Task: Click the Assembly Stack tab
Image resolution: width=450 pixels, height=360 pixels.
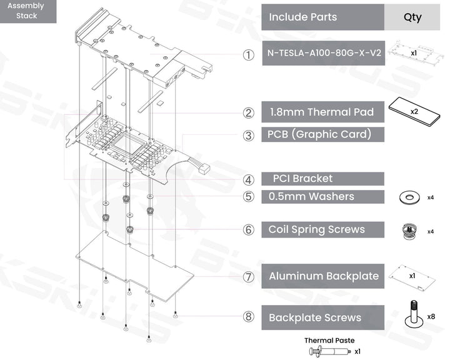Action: click(x=28, y=11)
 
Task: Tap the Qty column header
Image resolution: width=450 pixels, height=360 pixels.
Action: click(x=412, y=17)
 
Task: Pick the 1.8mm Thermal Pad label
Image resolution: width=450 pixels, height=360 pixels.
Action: click(x=322, y=112)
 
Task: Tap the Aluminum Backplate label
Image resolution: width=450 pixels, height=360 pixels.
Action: click(x=322, y=276)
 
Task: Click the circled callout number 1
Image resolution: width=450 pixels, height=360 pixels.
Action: click(x=249, y=55)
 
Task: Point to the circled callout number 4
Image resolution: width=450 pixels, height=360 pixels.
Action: click(x=249, y=180)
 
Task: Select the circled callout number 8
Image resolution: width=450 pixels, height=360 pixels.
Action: click(x=249, y=317)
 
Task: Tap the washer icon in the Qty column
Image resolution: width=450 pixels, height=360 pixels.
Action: click(x=407, y=197)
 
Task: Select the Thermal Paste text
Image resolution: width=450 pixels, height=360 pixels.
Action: click(x=329, y=341)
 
